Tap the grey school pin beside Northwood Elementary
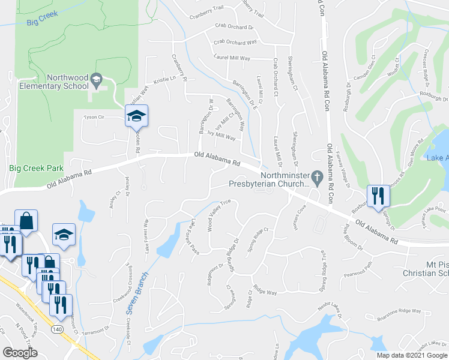[95, 79]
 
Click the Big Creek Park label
[32, 169]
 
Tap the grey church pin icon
[320, 176]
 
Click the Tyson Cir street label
[94, 118]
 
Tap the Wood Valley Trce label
[219, 212]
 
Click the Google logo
[20, 352]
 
